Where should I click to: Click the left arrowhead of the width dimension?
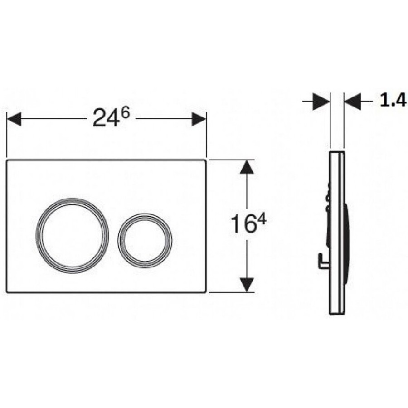tap(14, 119)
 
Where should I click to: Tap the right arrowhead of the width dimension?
tap(199, 119)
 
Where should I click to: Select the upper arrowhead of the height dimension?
tap(247, 167)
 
